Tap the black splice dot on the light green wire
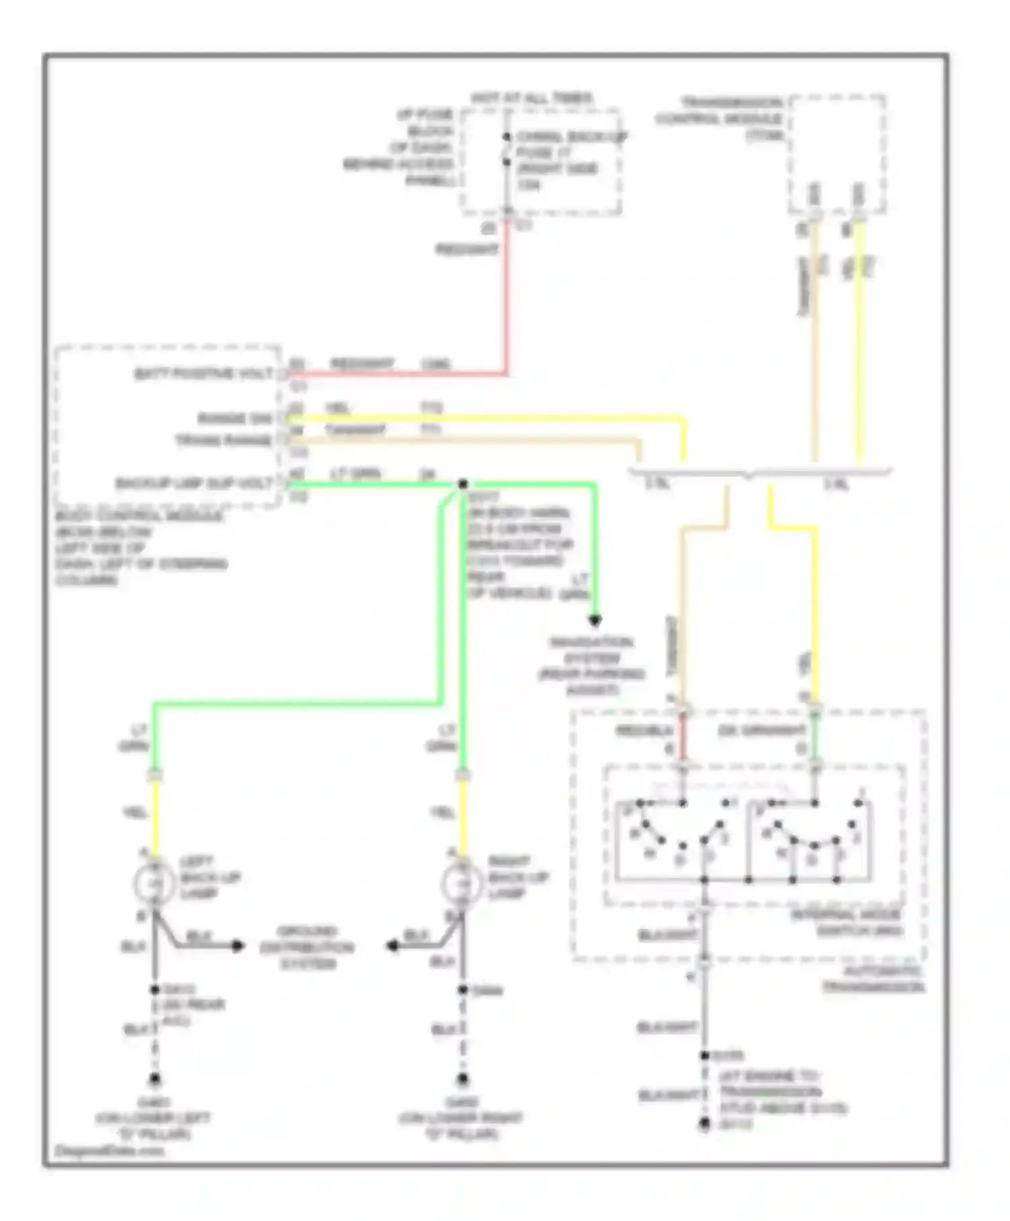click(463, 484)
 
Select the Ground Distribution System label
click(306, 947)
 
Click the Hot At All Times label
click(531, 98)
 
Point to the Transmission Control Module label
click(720, 118)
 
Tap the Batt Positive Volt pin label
click(203, 374)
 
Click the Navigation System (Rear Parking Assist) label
click(591, 666)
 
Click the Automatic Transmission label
click(873, 980)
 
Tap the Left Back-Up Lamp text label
click(201, 877)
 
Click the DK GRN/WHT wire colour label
click(762, 731)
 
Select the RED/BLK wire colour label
click(644, 731)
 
